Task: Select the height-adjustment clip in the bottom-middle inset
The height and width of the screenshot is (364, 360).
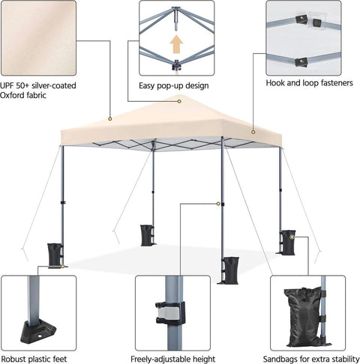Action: tap(170, 312)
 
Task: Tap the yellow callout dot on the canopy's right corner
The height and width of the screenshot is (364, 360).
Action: tap(253, 132)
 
